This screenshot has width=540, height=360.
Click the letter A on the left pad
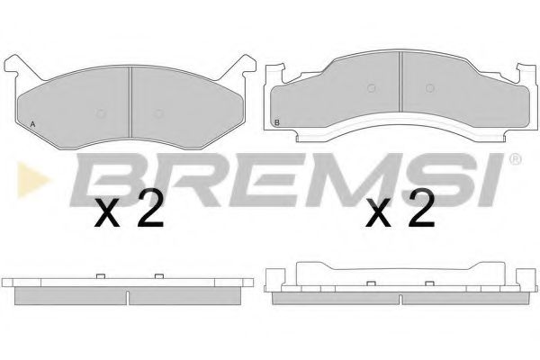pyautogui.click(x=32, y=124)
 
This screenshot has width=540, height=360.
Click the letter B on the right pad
pyautogui.click(x=277, y=122)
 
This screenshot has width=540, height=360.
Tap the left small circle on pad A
pyautogui.click(x=100, y=113)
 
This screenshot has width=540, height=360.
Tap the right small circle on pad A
pyautogui.click(x=158, y=113)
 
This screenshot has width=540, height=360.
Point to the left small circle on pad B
pyautogui.click(x=371, y=88)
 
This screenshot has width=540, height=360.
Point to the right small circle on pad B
pyautogui.click(x=429, y=88)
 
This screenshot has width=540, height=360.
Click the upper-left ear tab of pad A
pyautogui.click(x=15, y=65)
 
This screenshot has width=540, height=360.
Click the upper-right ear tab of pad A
pyautogui.click(x=245, y=65)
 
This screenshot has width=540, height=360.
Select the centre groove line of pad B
pyautogui.click(x=400, y=82)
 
